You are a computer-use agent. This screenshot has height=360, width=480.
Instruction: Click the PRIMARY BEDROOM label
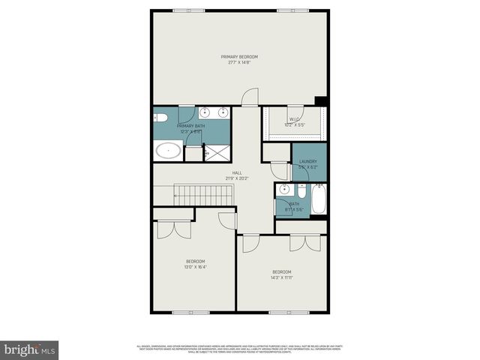click(x=239, y=57)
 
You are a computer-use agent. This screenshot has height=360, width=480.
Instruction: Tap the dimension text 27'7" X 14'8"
click(x=239, y=62)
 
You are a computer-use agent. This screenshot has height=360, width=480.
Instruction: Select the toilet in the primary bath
click(x=160, y=117)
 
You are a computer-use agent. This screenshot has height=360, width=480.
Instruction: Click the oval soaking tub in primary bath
click(x=168, y=151)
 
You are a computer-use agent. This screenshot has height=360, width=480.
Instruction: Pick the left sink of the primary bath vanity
click(x=203, y=113)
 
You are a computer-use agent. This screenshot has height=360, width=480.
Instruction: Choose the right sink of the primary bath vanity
click(x=223, y=113)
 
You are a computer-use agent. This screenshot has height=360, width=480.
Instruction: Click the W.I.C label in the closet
click(x=294, y=118)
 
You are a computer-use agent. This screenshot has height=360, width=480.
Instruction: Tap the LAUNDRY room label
click(x=308, y=161)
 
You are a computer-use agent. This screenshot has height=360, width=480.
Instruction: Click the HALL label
click(x=237, y=173)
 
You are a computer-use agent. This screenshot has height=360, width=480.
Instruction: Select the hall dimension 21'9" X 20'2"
click(x=237, y=178)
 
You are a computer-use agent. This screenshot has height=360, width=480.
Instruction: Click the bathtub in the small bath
click(x=318, y=199)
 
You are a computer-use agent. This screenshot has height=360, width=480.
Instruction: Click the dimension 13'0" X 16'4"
click(x=196, y=266)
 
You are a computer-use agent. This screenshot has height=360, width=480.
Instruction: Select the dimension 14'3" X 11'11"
click(x=281, y=277)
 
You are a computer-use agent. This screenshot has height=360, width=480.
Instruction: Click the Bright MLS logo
click(x=30, y=349)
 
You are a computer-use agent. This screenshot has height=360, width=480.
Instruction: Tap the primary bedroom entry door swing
click(x=250, y=97)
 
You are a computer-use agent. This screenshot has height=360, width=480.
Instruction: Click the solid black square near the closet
click(x=321, y=101)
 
